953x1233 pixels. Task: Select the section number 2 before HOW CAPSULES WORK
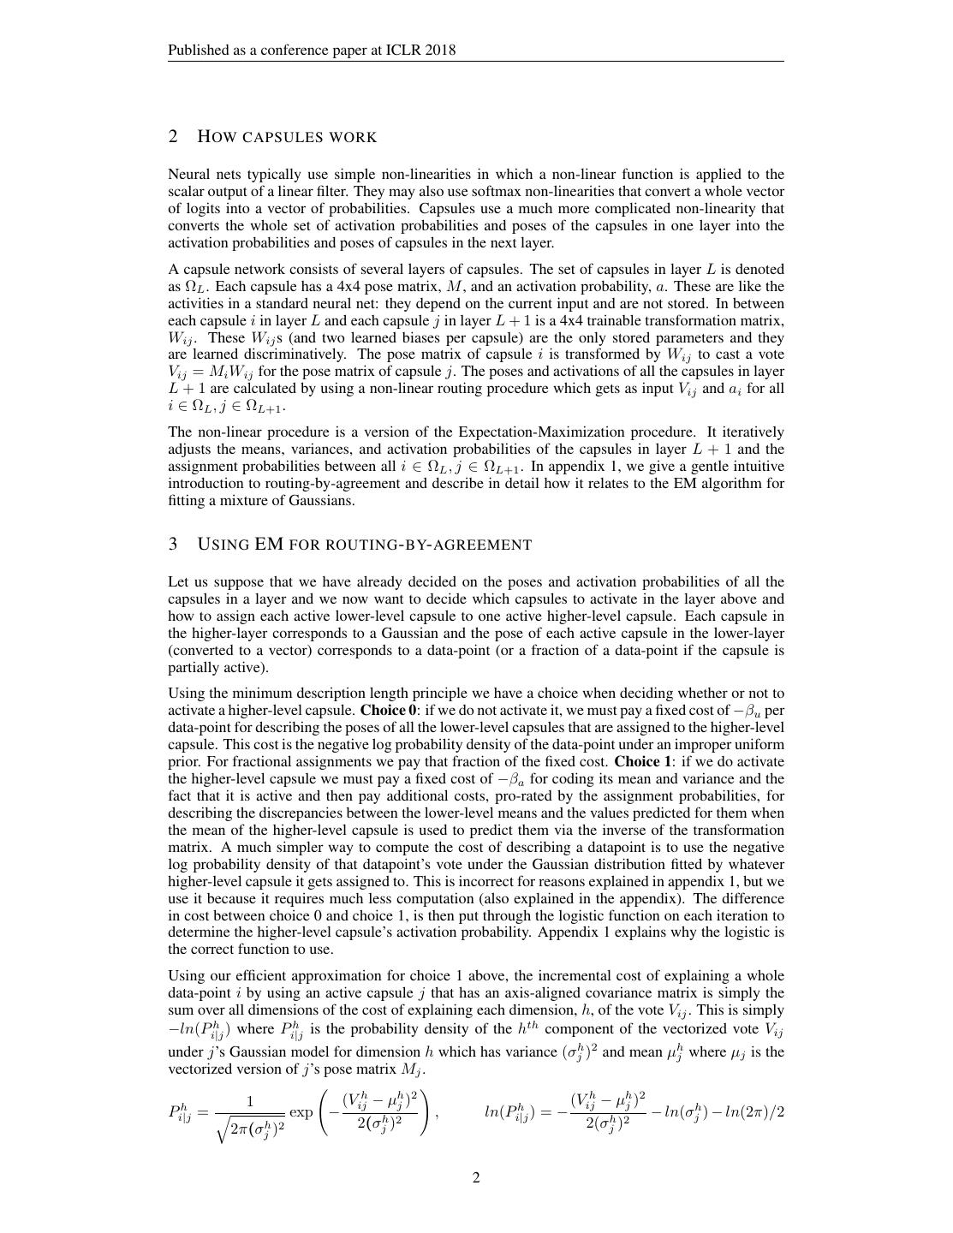tap(173, 137)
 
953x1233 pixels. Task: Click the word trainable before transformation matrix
tap(646, 320)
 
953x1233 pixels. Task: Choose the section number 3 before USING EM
tap(173, 545)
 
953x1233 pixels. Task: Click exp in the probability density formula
tap(301, 1112)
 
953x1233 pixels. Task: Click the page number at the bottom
tap(476, 1178)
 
